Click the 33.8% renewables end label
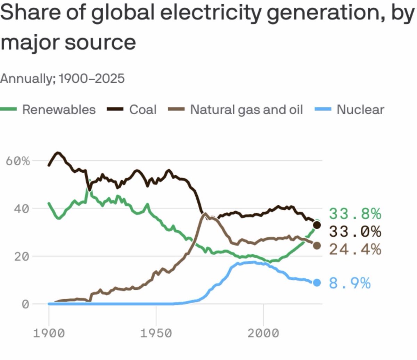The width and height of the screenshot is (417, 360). click(355, 214)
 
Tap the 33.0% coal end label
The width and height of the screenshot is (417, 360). click(355, 231)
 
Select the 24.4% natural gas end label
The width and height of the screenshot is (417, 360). click(355, 249)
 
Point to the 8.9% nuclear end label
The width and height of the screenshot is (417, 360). click(350, 283)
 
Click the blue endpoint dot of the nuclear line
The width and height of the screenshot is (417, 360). click(317, 283)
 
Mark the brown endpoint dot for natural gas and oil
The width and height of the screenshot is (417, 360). click(317, 246)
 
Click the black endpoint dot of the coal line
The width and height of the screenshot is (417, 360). click(317, 225)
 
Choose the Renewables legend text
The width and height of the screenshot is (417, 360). click(59, 109)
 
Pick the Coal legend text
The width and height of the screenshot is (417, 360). click(143, 109)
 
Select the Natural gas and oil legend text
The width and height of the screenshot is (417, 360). click(246, 109)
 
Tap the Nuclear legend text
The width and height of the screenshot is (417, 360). click(360, 109)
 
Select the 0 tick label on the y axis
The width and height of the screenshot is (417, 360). click(25, 304)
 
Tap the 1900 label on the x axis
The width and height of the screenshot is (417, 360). click(49, 333)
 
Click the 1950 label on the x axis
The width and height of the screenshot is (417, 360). click(156, 333)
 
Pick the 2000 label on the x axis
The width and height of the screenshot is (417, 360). click(263, 333)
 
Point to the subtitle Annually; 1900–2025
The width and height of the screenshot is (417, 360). click(62, 79)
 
